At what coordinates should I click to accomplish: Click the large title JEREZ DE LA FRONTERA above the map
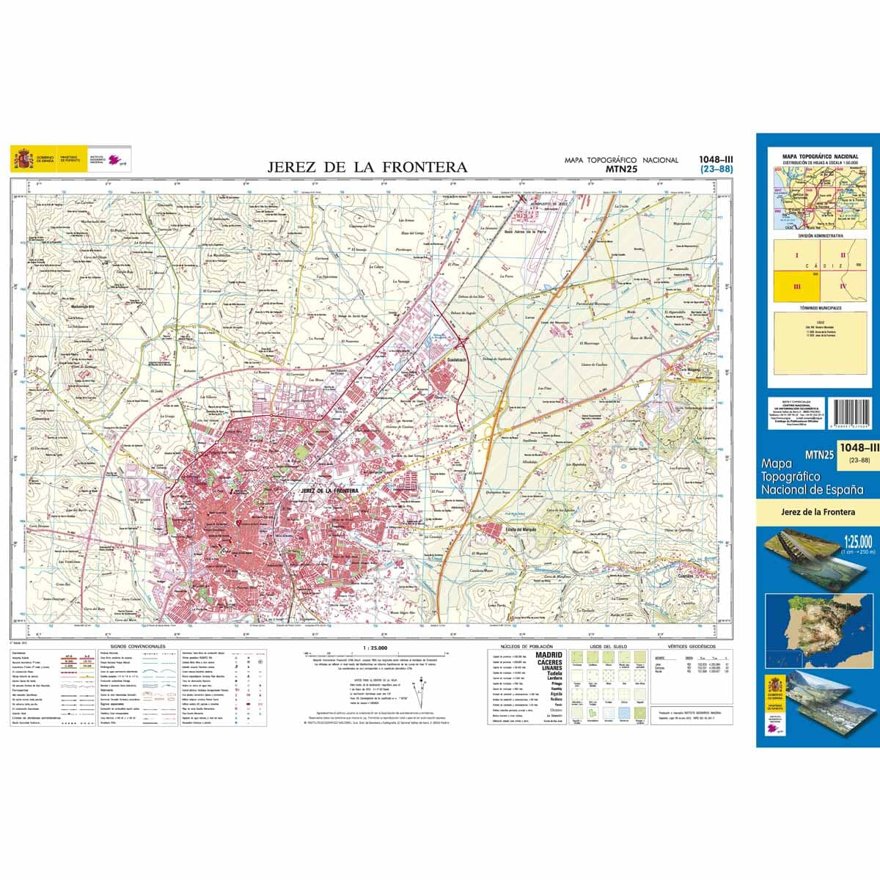367,167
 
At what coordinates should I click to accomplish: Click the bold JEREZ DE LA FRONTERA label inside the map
329,490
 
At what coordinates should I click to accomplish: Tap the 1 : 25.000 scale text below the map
375,648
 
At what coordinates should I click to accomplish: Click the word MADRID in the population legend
549,655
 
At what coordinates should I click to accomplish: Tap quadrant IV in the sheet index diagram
843,287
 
